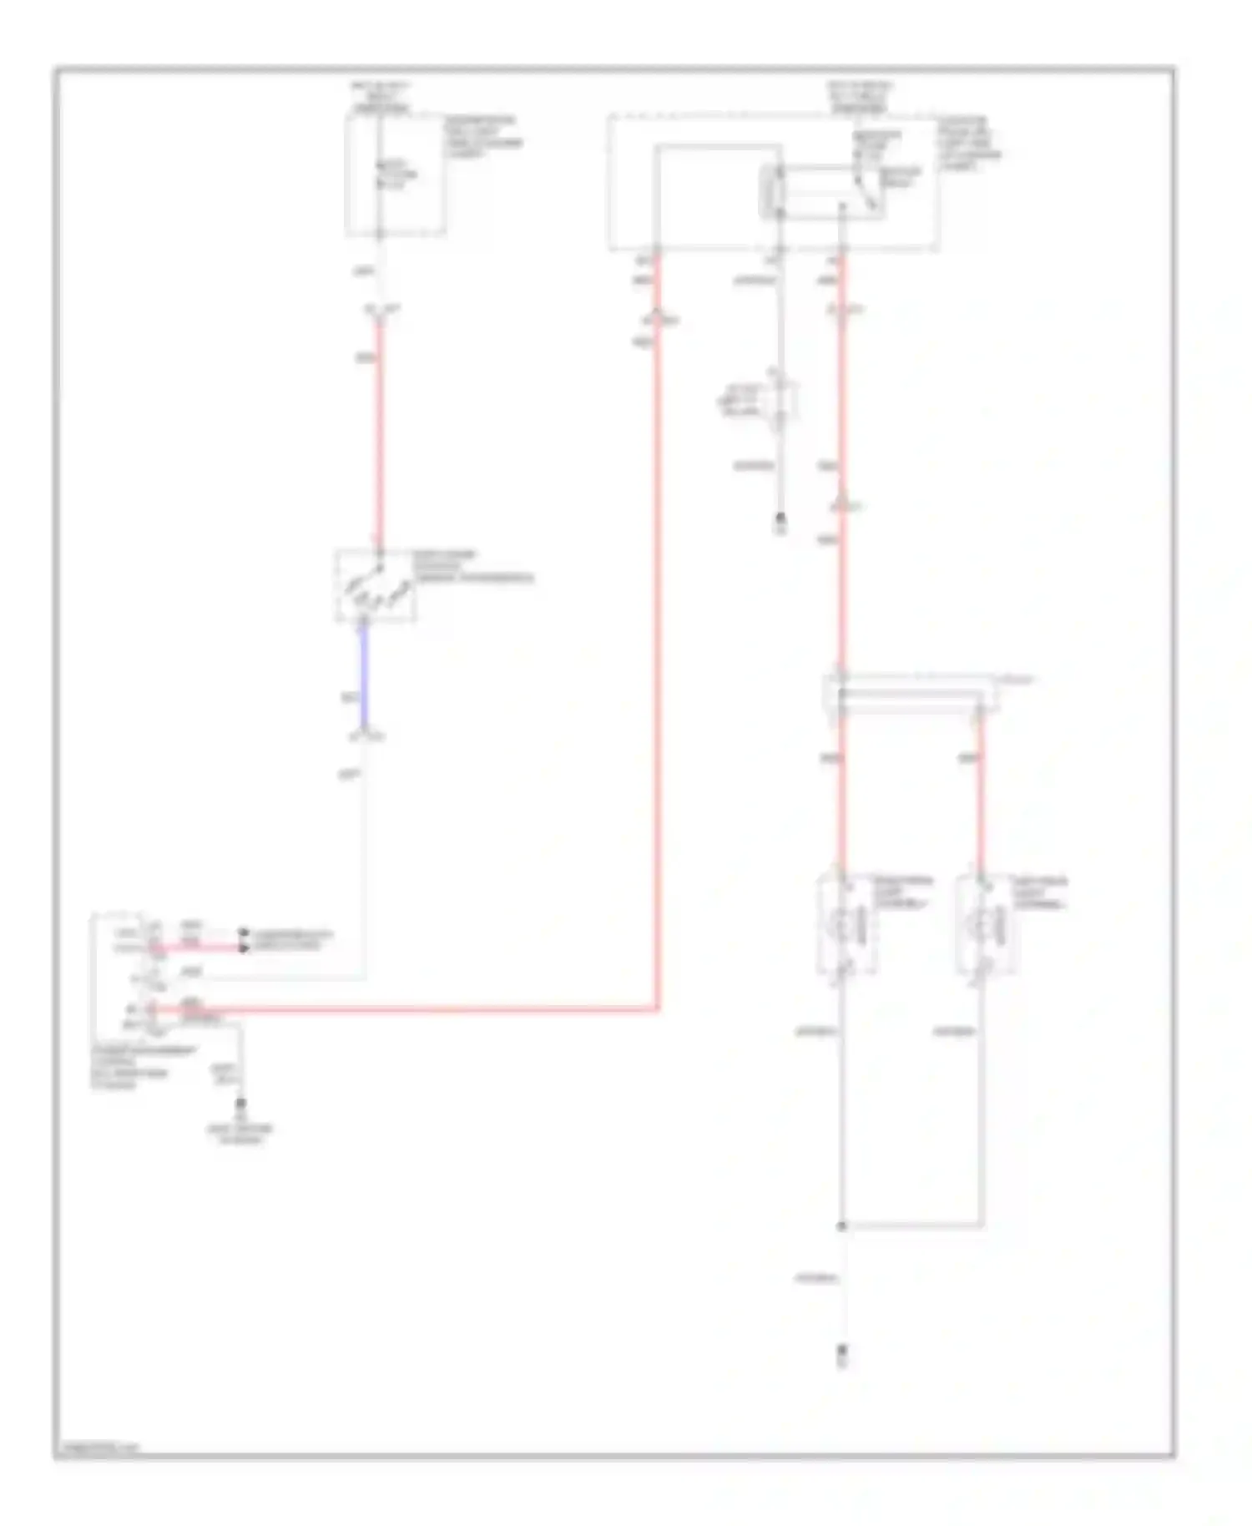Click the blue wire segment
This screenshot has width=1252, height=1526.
364,676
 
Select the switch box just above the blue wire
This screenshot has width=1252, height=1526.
376,586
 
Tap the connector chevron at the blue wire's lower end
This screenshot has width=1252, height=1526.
366,736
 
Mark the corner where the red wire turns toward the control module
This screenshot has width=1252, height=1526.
658,1009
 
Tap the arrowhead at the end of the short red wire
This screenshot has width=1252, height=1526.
244,947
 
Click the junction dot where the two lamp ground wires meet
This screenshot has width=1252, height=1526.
842,1226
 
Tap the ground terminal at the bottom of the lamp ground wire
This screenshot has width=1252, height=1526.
842,1351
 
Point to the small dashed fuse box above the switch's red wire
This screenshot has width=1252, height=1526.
396,174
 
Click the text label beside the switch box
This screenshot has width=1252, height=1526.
472,566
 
